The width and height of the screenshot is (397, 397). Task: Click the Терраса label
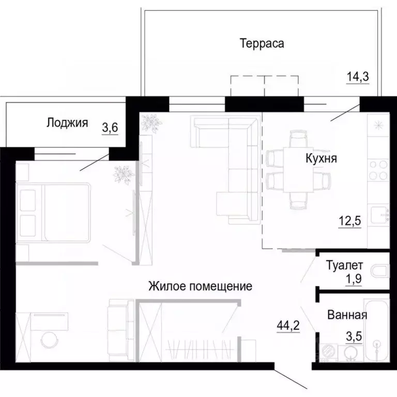[x=262, y=43]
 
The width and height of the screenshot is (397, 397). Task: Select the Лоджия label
[x=67, y=123]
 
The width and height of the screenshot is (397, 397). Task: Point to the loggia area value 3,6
[x=110, y=127]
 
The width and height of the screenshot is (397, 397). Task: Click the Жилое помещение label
[x=200, y=285]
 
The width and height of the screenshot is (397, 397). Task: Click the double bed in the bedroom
[x=54, y=212]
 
